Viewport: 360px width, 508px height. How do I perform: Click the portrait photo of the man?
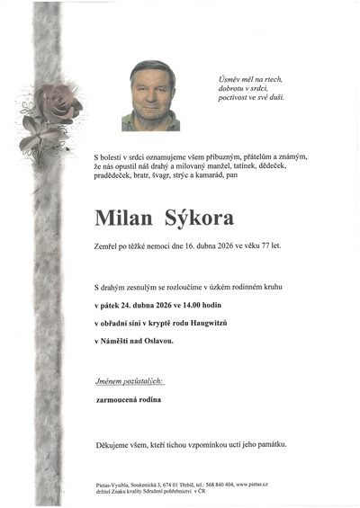point(150,95)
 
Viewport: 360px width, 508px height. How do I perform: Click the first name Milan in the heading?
point(123,218)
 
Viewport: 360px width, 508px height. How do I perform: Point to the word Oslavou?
point(156,341)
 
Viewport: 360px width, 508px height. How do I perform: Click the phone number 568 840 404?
point(225,484)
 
